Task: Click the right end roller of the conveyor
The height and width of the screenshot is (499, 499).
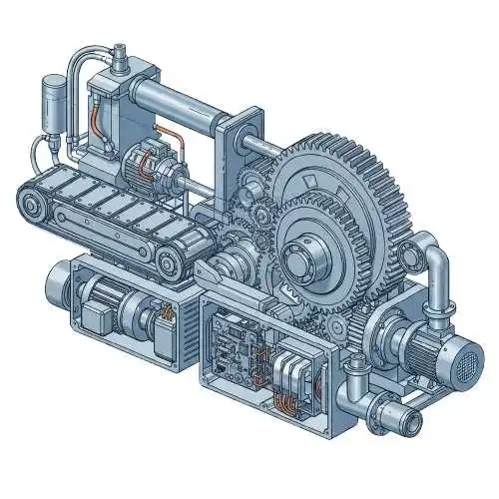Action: pyautogui.click(x=169, y=262)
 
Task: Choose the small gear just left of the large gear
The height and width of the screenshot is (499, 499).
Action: pyautogui.click(x=262, y=214)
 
